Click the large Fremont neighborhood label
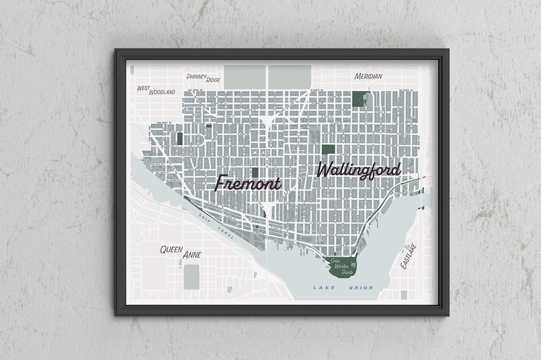pos(248,183)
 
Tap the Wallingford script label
pos(359,170)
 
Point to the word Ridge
pos(212,80)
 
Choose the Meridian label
pos(368,77)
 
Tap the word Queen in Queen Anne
pos(171,249)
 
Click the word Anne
pos(192,255)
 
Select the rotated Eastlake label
pos(408,256)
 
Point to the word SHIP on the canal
pos(205,218)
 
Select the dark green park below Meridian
pos(359,99)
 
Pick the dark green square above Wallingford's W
pos(328,149)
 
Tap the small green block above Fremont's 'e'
pos(255,172)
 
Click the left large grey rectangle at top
pos(244,77)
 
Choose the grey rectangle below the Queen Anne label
pos(191,277)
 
